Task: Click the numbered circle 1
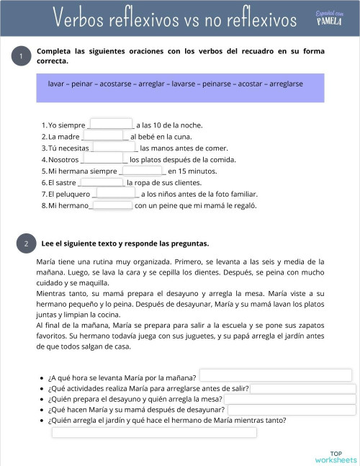[x=22, y=57]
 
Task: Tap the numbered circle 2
[x=25, y=244]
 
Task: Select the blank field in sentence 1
[x=111, y=124]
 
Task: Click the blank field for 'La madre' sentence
[x=105, y=135]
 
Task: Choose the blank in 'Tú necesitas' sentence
[x=115, y=147]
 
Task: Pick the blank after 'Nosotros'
[x=104, y=158]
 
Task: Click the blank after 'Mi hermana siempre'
[x=143, y=171]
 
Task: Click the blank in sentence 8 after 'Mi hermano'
[x=112, y=205]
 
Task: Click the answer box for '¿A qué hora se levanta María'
[x=275, y=375]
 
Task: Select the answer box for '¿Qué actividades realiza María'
[x=302, y=389]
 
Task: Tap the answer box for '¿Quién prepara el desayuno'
[x=289, y=399]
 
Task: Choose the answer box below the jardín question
[x=154, y=432]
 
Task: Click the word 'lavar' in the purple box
[x=56, y=84]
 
